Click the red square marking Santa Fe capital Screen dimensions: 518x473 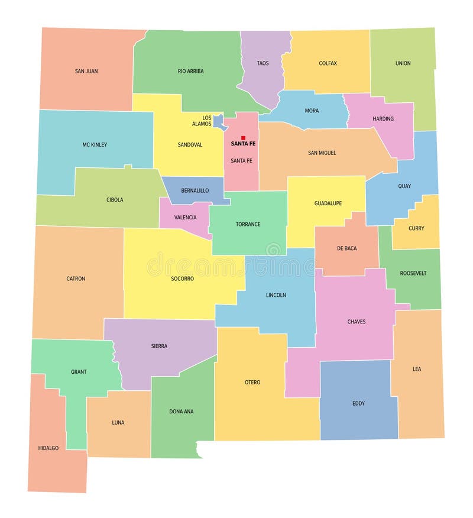pos(243,138)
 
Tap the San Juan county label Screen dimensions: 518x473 pos(86,71)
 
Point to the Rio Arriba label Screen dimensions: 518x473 pos(190,71)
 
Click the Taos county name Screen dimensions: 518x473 pos(263,63)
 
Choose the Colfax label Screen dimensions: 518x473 pos(328,63)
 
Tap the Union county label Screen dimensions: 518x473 pos(403,63)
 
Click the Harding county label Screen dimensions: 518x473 pos(383,119)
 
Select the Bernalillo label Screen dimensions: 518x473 pos(195,190)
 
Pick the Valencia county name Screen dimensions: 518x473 pos(185,218)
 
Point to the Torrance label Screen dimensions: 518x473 pos(248,224)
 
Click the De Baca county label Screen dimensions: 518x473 pos(346,248)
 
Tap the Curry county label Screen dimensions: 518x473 pos(416,228)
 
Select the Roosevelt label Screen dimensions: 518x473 pos(413,273)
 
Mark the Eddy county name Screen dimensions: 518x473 pos(358,403)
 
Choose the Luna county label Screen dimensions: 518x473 pos(118,422)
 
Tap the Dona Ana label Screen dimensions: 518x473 pos(181,412)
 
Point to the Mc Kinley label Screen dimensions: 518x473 pos(95,144)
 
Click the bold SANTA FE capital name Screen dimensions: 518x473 pos(243,144)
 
